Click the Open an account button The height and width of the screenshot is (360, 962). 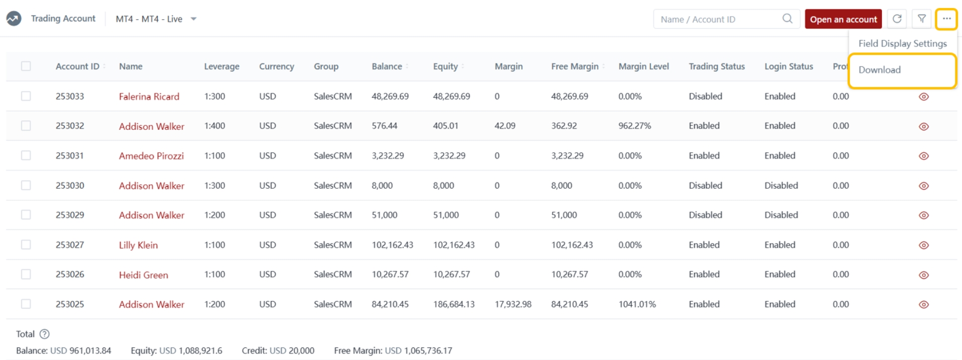pyautogui.click(x=843, y=19)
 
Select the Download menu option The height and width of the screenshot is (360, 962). pyautogui.click(x=879, y=70)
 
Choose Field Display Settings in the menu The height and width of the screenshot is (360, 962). pyautogui.click(x=902, y=43)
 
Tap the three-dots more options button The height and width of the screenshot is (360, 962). pyautogui.click(x=946, y=19)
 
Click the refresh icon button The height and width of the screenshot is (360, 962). pyautogui.click(x=897, y=19)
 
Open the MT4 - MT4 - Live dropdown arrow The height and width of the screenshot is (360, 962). pyautogui.click(x=194, y=19)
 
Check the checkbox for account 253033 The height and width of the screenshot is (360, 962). pyautogui.click(x=26, y=96)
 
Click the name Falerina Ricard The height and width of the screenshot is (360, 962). pyautogui.click(x=149, y=97)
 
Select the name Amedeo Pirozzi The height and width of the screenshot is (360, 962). pyautogui.click(x=151, y=156)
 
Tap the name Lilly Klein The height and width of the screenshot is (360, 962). pyautogui.click(x=138, y=245)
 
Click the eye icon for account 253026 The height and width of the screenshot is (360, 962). pyautogui.click(x=923, y=275)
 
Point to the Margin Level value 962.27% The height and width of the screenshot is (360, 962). pyautogui.click(x=634, y=126)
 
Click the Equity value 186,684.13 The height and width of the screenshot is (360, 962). pyautogui.click(x=454, y=304)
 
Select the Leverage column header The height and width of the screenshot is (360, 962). pyautogui.click(x=221, y=66)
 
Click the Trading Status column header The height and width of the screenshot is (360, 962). pyautogui.click(x=716, y=66)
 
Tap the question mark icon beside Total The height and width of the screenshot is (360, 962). pyautogui.click(x=44, y=334)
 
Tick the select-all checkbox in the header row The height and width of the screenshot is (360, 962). pyautogui.click(x=26, y=66)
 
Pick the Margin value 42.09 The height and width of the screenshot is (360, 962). pyautogui.click(x=505, y=126)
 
